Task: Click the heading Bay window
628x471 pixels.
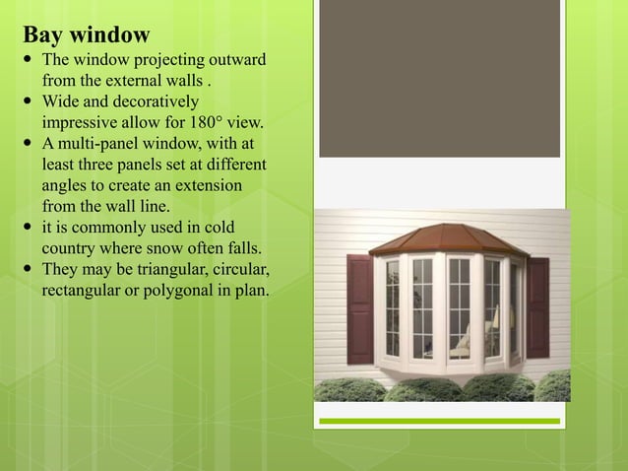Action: pos(87,35)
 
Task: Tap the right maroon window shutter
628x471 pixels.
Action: pos(537,307)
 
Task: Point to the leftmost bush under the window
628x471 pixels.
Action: pos(349,390)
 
